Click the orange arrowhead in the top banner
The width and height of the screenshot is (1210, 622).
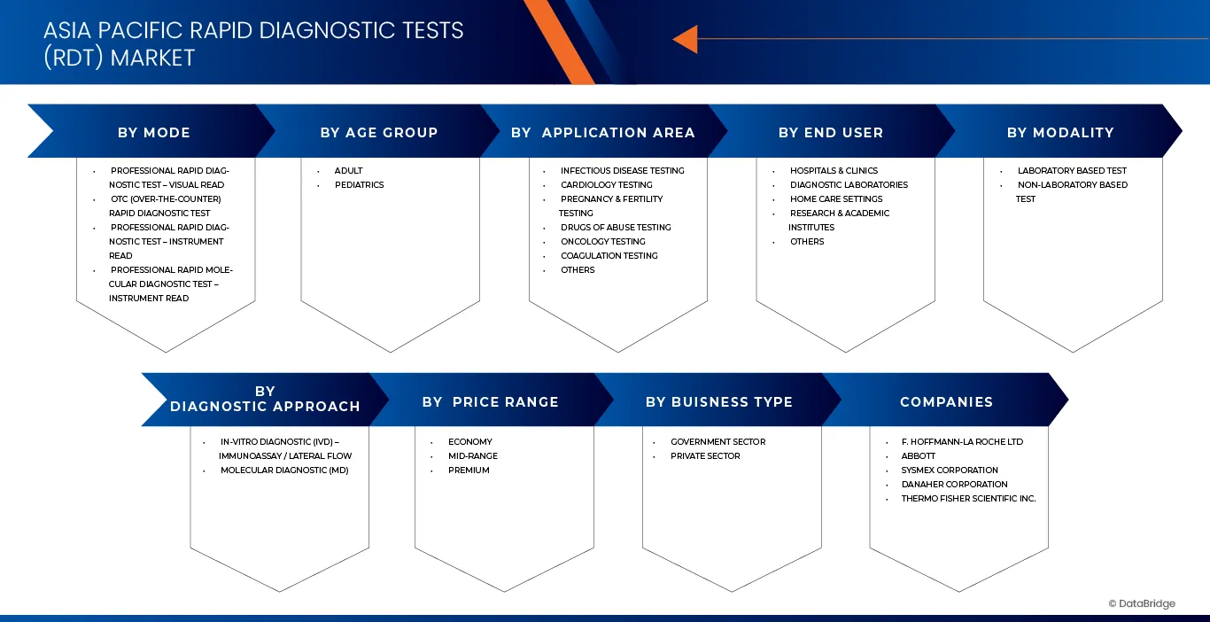[687, 39]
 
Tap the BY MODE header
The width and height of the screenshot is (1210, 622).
[154, 132]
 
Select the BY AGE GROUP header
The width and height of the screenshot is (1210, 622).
[379, 132]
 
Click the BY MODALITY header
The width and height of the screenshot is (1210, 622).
[1060, 132]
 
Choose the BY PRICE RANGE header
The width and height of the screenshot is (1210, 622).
[491, 401]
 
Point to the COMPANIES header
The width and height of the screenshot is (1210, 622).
[946, 401]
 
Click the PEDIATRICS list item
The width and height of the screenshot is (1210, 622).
[360, 185]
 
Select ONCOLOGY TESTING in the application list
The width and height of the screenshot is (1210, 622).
[603, 242]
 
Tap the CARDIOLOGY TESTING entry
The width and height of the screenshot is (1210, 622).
[607, 185]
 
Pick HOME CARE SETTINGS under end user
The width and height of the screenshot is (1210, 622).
[836, 198]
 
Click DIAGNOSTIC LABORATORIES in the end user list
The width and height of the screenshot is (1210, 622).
[849, 185]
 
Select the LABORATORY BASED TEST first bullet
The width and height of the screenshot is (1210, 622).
[1072, 171]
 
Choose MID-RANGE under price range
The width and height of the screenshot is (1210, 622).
[473, 456]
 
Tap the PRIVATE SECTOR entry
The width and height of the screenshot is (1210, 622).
[705, 456]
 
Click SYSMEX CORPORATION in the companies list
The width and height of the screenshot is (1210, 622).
[950, 470]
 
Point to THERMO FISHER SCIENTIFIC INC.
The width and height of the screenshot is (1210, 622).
[968, 499]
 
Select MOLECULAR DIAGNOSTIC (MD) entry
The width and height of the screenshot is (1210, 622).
[284, 470]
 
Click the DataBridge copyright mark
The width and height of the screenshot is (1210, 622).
[1142, 603]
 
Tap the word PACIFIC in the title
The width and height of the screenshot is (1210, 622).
[141, 30]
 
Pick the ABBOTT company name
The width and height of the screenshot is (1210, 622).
[919, 456]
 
